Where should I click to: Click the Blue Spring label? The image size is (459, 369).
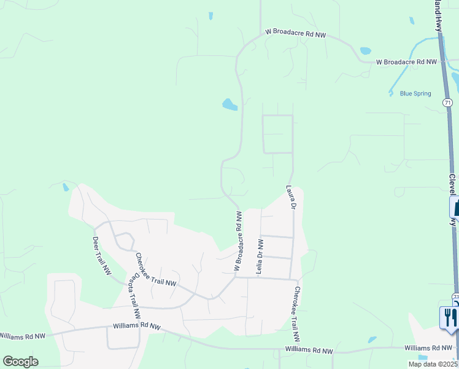coord(415,94)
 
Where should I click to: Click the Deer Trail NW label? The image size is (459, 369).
coord(102,255)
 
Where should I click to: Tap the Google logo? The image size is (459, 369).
coord(20,362)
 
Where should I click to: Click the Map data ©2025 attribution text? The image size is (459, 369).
coord(432,364)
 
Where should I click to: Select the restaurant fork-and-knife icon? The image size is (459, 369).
coord(449,317)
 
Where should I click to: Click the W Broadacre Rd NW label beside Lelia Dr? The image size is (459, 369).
coord(239,240)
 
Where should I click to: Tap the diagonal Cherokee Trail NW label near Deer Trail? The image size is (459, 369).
coord(155,271)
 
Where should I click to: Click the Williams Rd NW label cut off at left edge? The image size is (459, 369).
coord(23,336)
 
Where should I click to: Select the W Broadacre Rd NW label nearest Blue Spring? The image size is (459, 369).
coord(406,62)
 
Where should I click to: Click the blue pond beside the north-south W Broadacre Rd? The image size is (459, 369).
coord(229,105)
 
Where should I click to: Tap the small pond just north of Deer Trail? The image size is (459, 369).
coord(66,186)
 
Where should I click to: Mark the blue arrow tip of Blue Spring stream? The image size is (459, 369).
coord(391,93)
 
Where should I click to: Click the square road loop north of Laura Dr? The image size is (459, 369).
coord(277,134)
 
